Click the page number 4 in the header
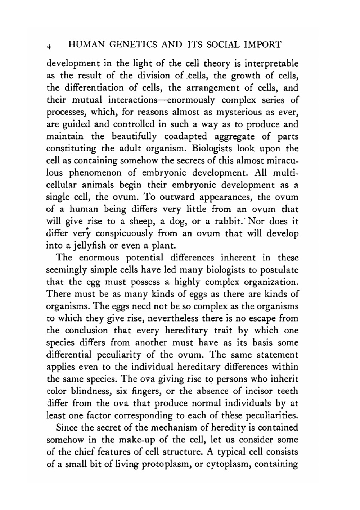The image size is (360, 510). point(48,46)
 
